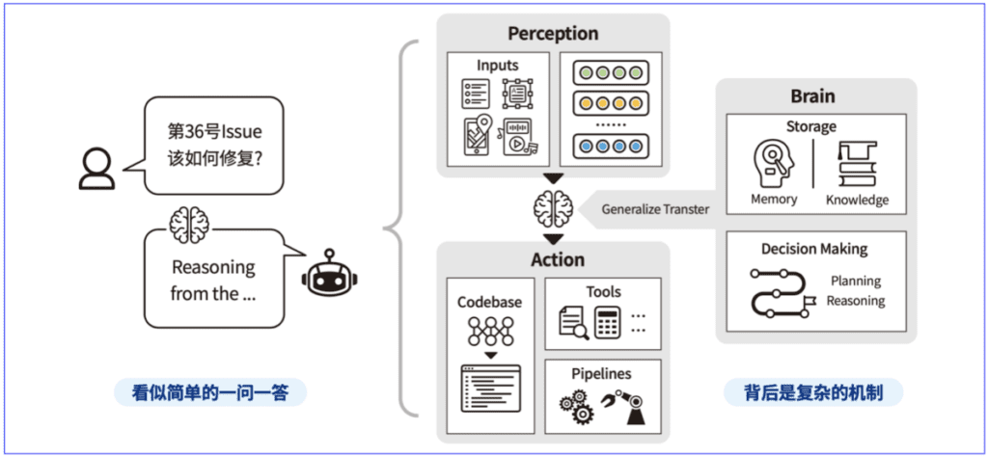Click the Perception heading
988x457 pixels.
553,33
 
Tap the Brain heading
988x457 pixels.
812,96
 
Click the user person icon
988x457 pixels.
97,169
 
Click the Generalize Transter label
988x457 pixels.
655,209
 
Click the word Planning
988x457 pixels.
855,281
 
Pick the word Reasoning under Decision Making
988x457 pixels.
855,301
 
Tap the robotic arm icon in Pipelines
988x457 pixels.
623,405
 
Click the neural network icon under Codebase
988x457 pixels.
489,331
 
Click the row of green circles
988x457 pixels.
611,73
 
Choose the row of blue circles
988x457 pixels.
611,146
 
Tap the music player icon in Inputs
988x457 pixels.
516,137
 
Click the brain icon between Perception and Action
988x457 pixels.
553,209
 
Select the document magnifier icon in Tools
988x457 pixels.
574,322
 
